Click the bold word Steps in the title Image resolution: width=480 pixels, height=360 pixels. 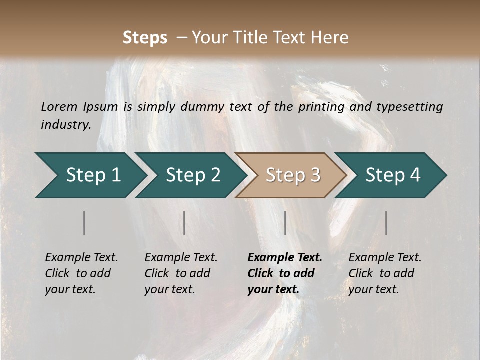click(x=145, y=38)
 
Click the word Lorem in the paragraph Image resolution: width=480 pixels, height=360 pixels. click(x=59, y=107)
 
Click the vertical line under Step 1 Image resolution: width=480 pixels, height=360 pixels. click(x=84, y=223)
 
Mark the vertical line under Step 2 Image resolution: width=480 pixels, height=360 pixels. click(x=184, y=223)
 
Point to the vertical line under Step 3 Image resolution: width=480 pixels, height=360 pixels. click(x=285, y=223)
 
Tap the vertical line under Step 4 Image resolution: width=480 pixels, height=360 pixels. click(x=386, y=223)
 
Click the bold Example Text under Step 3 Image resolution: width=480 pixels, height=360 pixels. click(x=285, y=273)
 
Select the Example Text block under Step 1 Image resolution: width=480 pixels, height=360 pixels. click(x=81, y=273)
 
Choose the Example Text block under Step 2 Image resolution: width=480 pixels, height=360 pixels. click(x=181, y=273)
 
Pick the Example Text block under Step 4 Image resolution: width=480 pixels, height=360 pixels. click(x=385, y=273)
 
